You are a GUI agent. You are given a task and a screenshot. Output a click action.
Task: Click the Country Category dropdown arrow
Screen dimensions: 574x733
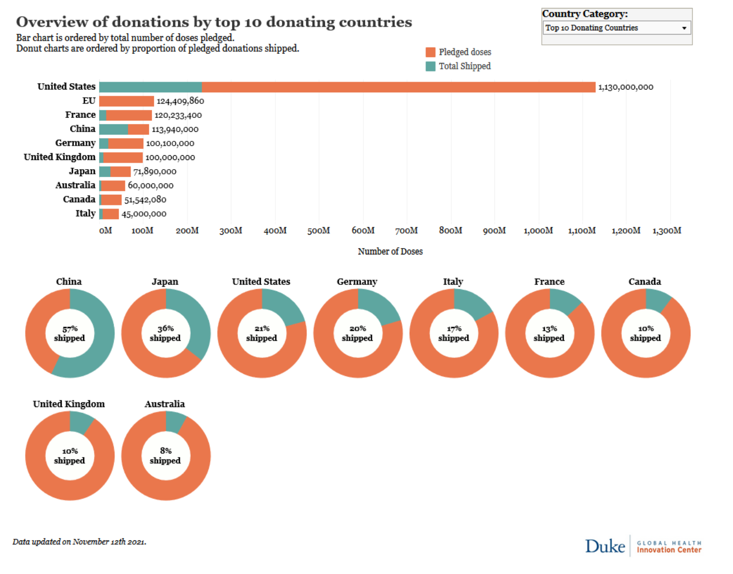tap(684, 28)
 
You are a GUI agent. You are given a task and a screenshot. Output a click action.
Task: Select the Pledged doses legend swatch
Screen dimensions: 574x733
tap(430, 52)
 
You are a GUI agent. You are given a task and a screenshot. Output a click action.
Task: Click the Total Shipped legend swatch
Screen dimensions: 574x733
tap(430, 66)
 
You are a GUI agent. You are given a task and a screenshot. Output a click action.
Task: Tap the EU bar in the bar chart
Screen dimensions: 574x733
tap(126, 101)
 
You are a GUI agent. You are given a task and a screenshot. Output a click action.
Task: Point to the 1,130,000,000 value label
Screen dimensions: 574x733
tap(625, 87)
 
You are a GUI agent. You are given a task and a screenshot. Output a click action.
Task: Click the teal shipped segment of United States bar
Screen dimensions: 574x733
tap(150, 87)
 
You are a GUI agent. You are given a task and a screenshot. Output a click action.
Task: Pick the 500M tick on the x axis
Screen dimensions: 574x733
tap(319, 230)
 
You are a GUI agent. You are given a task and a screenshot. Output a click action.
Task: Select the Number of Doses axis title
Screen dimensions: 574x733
tap(390, 251)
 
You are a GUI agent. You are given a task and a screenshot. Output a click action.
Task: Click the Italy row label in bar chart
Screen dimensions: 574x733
tap(85, 213)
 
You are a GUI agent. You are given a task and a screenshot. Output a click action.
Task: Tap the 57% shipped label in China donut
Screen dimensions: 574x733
tap(69, 333)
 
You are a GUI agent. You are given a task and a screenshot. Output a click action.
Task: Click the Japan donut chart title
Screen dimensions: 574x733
tap(165, 282)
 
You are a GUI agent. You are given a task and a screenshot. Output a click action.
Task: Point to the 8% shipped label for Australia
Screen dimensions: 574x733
tap(165, 456)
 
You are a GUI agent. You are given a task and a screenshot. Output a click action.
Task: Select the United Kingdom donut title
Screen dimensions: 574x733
tap(69, 404)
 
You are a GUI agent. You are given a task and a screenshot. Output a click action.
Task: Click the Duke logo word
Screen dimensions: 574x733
tap(605, 546)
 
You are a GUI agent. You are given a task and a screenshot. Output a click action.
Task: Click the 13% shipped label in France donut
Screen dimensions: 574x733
tap(549, 333)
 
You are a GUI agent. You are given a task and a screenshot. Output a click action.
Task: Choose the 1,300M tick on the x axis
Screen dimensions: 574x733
tap(666, 230)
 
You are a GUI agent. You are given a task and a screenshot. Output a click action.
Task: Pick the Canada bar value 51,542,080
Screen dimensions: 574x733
tap(145, 200)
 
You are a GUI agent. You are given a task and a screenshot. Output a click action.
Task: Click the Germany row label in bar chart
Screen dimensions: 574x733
tap(75, 143)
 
